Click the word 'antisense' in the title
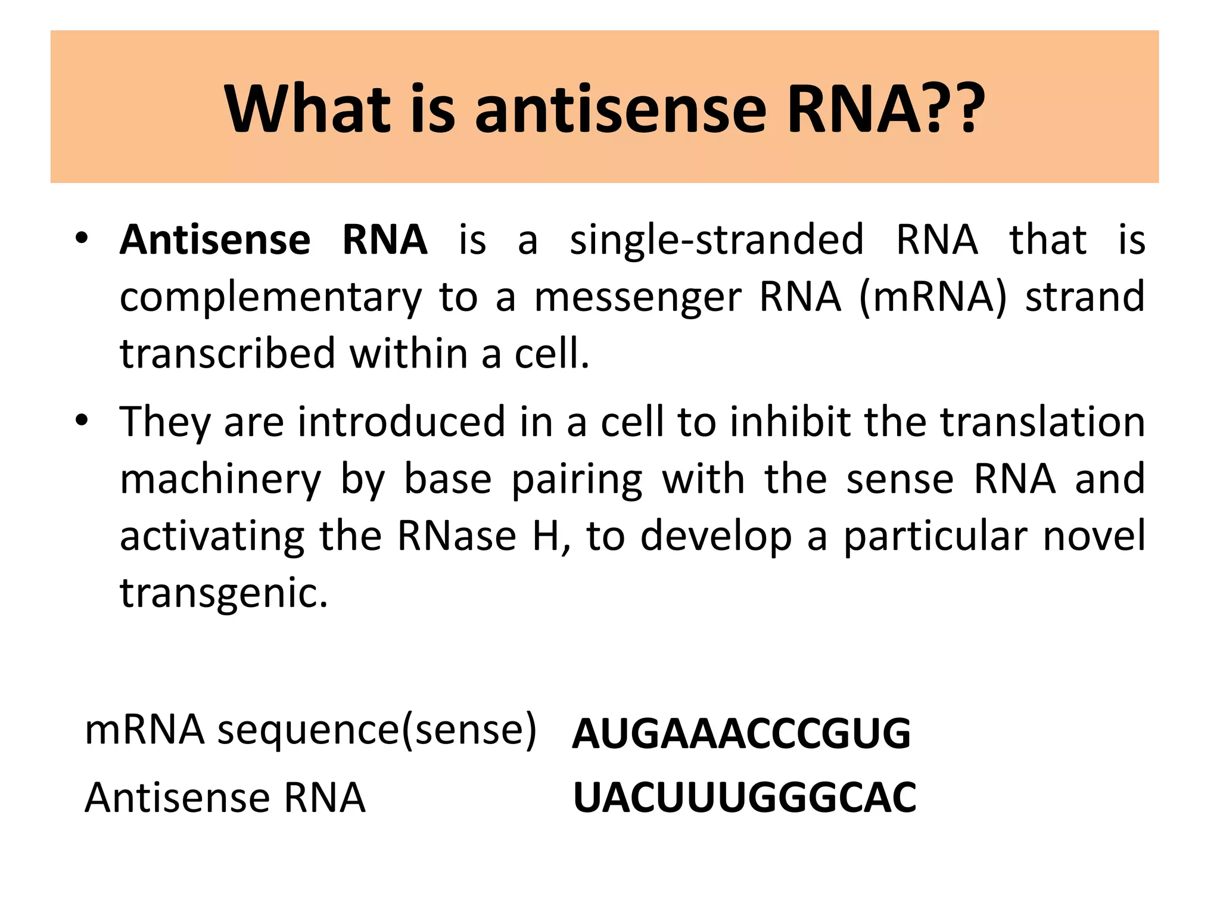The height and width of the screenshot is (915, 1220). (x=620, y=110)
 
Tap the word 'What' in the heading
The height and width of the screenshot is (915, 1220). (x=307, y=110)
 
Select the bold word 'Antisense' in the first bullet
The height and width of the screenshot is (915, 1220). (x=215, y=240)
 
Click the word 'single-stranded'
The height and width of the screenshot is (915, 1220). (x=717, y=240)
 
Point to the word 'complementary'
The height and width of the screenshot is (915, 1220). (x=270, y=297)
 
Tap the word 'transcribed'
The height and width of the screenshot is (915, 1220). (x=228, y=354)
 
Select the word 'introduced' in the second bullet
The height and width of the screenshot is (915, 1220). (x=402, y=422)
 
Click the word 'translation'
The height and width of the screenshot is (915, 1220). (x=1042, y=422)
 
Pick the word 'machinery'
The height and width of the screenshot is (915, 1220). (x=220, y=480)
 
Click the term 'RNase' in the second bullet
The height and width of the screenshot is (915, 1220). (x=456, y=536)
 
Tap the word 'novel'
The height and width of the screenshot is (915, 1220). (x=1094, y=536)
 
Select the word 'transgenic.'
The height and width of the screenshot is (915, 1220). (x=224, y=594)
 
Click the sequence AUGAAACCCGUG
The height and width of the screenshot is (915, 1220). (x=741, y=734)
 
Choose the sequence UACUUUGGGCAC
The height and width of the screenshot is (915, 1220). (x=745, y=798)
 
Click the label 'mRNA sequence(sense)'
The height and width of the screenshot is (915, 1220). (x=310, y=730)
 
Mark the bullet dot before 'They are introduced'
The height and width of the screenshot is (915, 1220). (x=82, y=421)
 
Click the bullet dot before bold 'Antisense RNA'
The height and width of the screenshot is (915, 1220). (x=82, y=239)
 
